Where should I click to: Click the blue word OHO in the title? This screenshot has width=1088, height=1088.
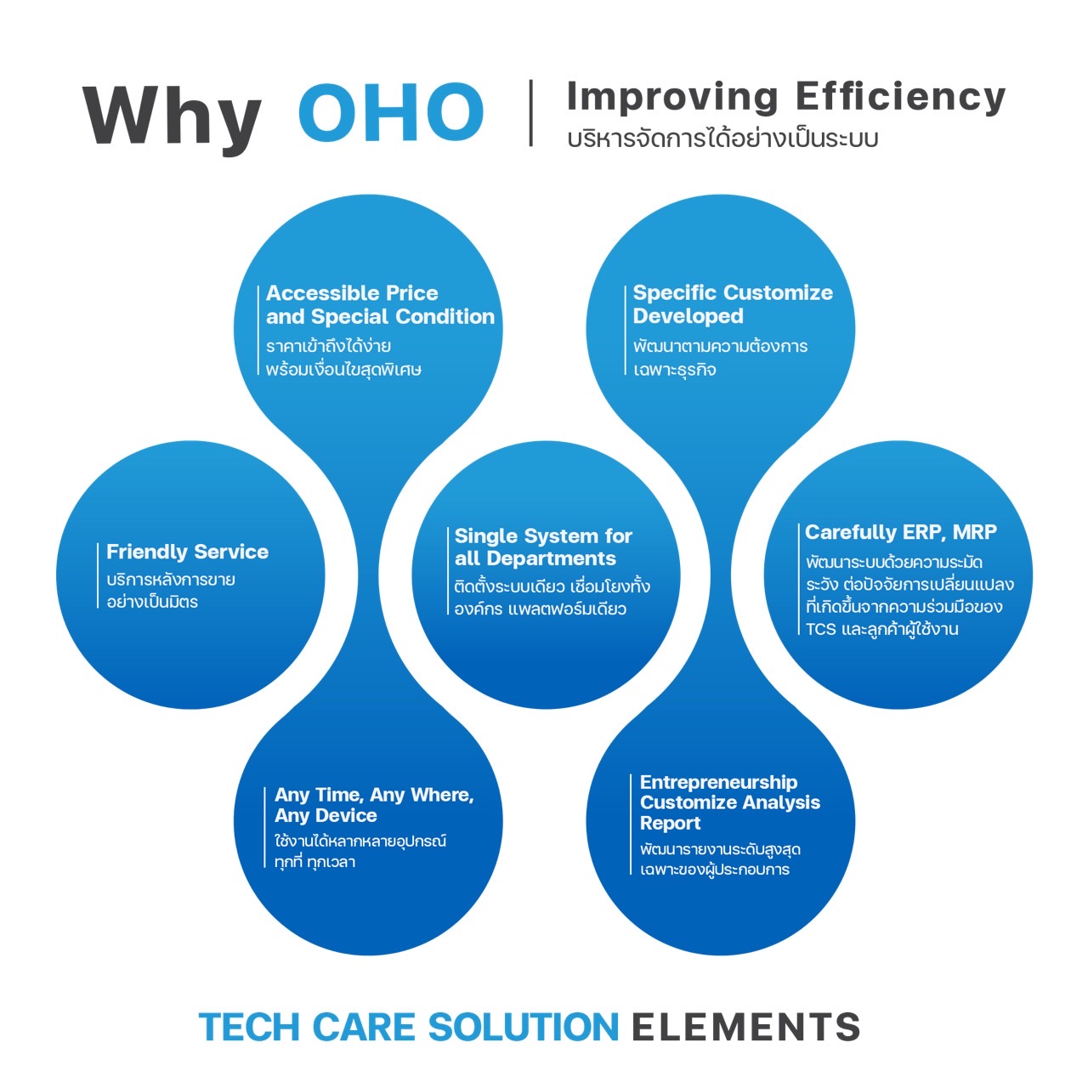coord(391,112)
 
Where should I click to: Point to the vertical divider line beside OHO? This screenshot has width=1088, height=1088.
coord(530,113)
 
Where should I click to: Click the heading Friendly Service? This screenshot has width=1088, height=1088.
coord(188,552)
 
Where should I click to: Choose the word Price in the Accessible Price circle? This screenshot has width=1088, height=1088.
coord(410,293)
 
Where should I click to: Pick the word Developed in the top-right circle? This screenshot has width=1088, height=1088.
coord(688,317)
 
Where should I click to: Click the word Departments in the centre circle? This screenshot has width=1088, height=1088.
coord(551,559)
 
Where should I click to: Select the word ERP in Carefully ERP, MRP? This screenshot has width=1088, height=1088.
coord(923,532)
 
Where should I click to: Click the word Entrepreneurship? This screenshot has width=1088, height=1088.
coord(719,782)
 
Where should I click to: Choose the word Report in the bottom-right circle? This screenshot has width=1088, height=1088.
coord(670,823)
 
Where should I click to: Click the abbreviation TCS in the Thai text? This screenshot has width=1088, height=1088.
coord(820,629)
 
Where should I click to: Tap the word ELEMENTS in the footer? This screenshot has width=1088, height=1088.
coord(745,1026)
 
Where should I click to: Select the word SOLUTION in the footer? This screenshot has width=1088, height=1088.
coord(524,1026)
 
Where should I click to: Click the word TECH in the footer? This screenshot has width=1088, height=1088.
coord(249,1026)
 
